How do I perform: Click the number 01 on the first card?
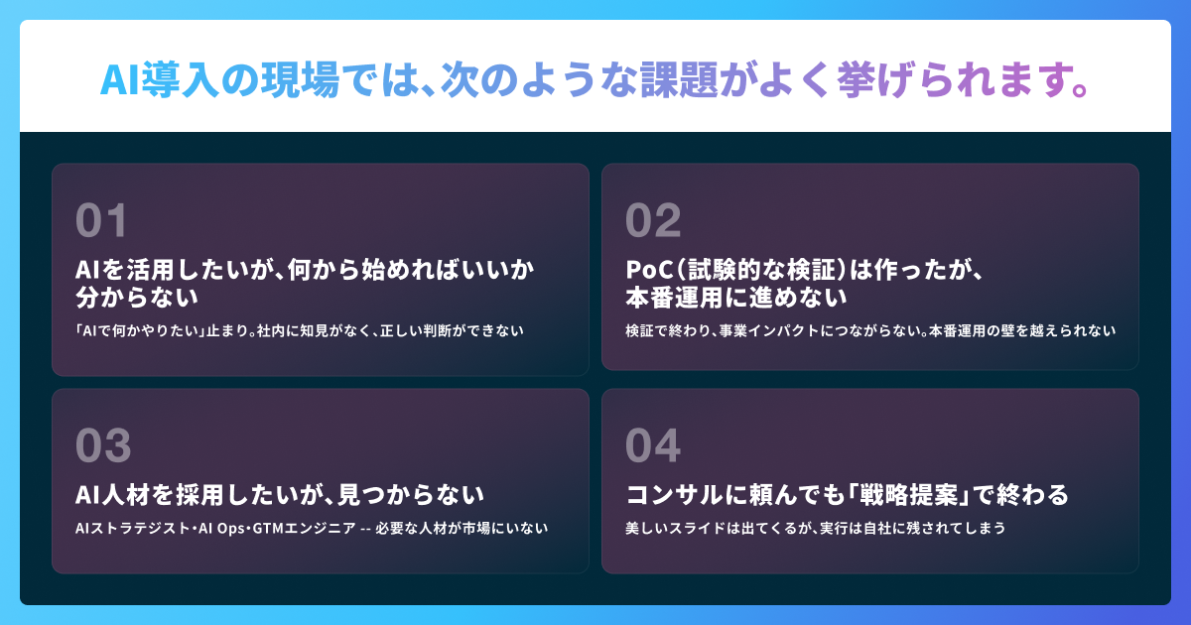[101, 220]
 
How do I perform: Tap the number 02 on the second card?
[653, 220]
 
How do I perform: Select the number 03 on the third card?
[103, 445]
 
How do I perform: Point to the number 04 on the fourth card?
[653, 445]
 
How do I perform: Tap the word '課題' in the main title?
[679, 79]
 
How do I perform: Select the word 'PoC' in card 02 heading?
[650, 270]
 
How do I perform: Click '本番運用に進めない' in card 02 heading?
[735, 297]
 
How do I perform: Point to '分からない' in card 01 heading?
[137, 297]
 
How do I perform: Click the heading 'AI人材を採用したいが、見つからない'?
[280, 495]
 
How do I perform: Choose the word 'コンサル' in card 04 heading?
[674, 495]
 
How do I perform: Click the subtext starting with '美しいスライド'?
[816, 528]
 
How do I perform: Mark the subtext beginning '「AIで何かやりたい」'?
[300, 331]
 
